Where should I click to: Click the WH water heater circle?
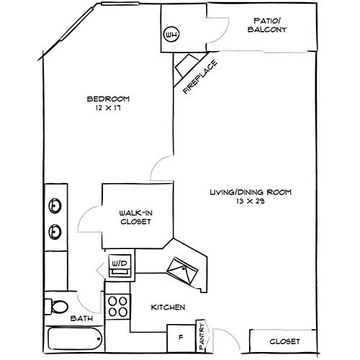[171, 35]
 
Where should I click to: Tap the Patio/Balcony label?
[271, 25]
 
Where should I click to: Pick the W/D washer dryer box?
[119, 264]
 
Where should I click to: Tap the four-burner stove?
[118, 307]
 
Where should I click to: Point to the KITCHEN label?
[168, 307]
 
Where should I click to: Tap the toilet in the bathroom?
[57, 305]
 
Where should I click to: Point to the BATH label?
[79, 318]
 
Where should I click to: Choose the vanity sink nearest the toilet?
[55, 232]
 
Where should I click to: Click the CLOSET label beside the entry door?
[284, 341]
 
